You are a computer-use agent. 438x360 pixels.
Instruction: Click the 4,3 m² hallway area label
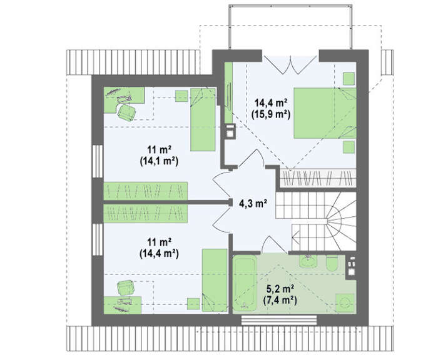[253, 204]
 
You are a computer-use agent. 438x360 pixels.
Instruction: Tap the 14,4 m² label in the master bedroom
[271, 102]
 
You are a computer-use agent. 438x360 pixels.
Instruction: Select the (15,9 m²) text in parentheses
[271, 114]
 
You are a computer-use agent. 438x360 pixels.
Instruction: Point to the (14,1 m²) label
[159, 161]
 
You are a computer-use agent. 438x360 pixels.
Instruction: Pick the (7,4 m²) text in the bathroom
[280, 300]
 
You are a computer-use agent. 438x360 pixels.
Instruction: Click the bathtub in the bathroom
[245, 283]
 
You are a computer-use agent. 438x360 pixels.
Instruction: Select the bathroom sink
[308, 261]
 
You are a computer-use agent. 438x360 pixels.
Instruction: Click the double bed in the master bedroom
[325, 113]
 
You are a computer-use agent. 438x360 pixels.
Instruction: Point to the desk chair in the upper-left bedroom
[127, 112]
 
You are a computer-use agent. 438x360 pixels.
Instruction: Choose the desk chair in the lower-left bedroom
[126, 287]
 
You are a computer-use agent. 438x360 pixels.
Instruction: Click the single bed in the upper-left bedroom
[203, 120]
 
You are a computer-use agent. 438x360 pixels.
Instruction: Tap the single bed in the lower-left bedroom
[215, 280]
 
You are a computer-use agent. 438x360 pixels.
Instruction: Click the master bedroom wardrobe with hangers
[318, 177]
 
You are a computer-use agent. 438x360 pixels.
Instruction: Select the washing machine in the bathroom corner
[346, 303]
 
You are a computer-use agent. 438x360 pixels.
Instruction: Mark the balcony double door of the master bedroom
[290, 65]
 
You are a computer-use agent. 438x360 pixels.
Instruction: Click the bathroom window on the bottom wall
[279, 320]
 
